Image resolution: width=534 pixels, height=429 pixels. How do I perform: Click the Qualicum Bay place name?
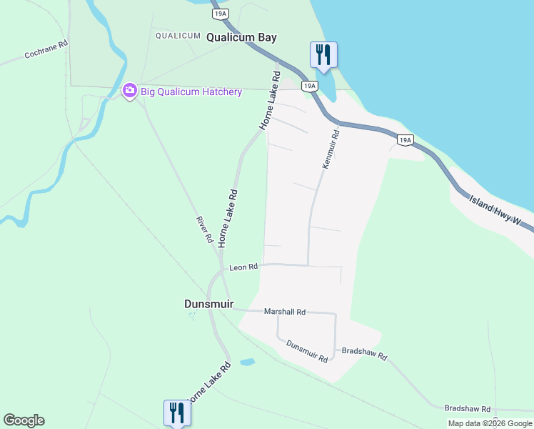click(241, 38)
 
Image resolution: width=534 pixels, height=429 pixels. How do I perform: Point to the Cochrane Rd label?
click(46, 49)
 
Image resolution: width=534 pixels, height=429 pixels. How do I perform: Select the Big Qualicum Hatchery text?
click(191, 92)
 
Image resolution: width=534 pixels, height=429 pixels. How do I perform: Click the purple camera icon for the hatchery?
click(129, 91)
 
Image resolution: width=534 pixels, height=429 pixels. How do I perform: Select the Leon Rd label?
click(243, 267)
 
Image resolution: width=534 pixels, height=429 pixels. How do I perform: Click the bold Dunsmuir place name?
click(209, 304)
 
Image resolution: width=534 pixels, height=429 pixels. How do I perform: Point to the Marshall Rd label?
click(284, 312)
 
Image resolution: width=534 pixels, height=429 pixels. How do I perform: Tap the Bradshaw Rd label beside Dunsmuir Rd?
click(364, 355)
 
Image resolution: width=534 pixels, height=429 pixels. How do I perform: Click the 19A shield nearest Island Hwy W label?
click(405, 140)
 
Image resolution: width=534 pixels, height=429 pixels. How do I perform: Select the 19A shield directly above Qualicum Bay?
click(221, 14)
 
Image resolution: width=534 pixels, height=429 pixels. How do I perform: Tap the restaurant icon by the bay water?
click(323, 55)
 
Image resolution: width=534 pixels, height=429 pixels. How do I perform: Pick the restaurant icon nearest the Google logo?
click(176, 413)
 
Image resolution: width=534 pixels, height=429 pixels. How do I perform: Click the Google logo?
click(24, 420)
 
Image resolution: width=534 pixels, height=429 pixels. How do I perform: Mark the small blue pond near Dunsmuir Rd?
click(247, 363)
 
